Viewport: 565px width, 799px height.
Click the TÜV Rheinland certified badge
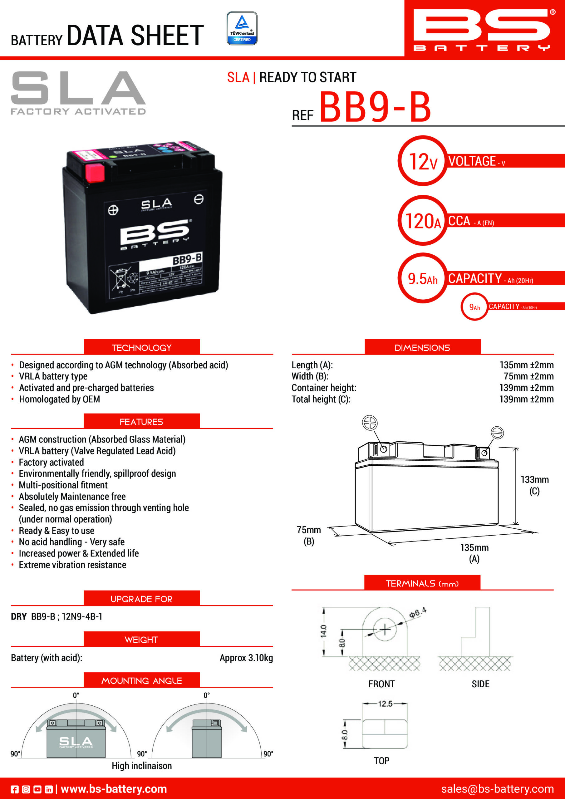[242, 28]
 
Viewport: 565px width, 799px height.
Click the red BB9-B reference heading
[375, 107]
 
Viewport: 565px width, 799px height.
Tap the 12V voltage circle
[423, 161]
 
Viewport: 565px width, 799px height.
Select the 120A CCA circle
[423, 221]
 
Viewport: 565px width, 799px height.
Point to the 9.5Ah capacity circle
[423, 278]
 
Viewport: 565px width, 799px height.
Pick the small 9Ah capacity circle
[474, 307]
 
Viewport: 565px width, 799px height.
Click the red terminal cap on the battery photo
[95, 173]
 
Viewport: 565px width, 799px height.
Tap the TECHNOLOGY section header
[142, 347]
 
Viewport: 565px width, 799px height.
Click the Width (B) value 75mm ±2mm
[528, 376]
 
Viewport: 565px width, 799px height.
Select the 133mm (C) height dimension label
[534, 485]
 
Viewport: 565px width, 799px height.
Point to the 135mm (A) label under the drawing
[474, 553]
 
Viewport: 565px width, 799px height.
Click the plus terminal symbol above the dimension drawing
[369, 423]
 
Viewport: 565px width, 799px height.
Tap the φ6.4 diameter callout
[417, 612]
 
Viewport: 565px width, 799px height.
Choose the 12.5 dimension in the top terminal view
[385, 703]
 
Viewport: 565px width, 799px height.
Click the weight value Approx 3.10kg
[246, 658]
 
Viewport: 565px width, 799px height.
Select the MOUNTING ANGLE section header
[142, 680]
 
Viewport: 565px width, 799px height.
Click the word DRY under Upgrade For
[19, 617]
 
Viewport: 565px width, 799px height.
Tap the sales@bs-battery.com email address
[497, 789]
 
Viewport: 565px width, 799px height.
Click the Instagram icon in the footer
[26, 789]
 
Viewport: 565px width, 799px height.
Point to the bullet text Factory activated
[51, 462]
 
